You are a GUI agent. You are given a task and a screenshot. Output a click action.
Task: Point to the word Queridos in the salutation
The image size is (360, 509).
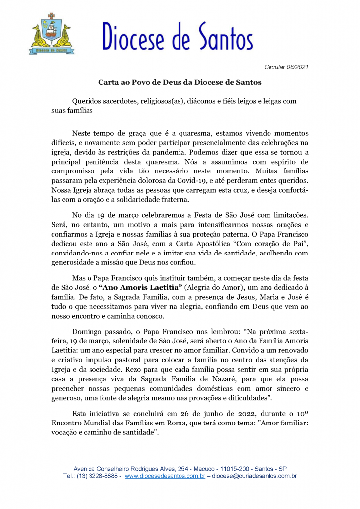coord(89,101)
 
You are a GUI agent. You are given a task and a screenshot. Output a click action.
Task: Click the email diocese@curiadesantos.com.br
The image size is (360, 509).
coord(255,476)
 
